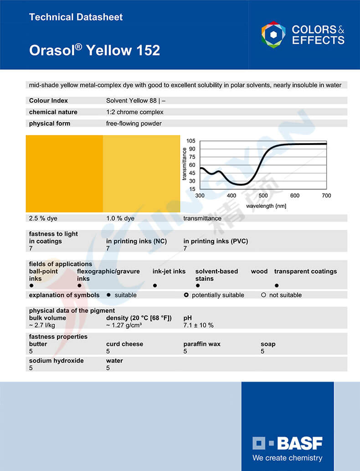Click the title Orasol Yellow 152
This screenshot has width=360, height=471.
pos(94,50)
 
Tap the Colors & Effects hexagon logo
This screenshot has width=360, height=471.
pos(273,35)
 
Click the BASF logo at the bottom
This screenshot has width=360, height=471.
pos(288,443)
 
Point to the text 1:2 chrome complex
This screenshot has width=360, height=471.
pos(135,112)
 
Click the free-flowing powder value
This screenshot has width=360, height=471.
pos(134,124)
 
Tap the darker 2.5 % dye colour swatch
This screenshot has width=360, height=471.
pos(64,173)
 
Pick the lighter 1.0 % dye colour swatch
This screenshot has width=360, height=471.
pos(141,173)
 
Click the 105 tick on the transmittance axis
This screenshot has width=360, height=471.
pos(191,141)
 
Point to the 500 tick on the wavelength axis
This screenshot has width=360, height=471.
pos(263,196)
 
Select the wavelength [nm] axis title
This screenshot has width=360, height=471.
pos(266,206)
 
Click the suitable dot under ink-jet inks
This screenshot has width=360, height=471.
pos(155,286)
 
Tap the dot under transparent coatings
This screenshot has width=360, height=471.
pos(277,286)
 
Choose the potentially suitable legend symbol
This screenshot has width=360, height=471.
pos(186,295)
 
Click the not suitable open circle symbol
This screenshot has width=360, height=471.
pos(263,295)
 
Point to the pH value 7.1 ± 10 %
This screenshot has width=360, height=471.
pos(198,326)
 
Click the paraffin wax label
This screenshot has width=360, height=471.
pos(202,344)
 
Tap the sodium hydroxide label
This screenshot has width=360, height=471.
pos(57,361)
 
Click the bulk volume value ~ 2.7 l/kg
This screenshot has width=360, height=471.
pos(42,326)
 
